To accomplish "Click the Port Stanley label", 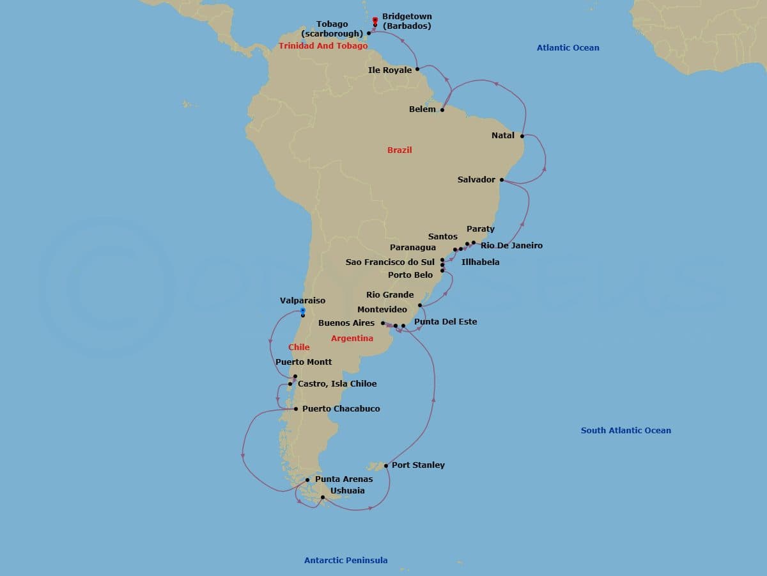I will pyautogui.click(x=418, y=465).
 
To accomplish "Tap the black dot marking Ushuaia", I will pyautogui.click(x=323, y=497).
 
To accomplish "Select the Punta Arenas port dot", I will pyautogui.click(x=307, y=480).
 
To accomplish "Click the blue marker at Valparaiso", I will pyautogui.click(x=303, y=311).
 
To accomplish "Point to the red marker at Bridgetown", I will pyautogui.click(x=375, y=20).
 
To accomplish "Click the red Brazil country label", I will pyautogui.click(x=399, y=150).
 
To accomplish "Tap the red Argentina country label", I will pyautogui.click(x=352, y=339).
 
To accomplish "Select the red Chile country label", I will pyautogui.click(x=298, y=348).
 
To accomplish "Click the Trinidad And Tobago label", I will pyautogui.click(x=323, y=46).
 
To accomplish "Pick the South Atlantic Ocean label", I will pyautogui.click(x=626, y=431).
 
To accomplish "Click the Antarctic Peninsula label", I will pyautogui.click(x=346, y=561).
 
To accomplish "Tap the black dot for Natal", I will pyautogui.click(x=523, y=136).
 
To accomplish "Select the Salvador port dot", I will pyautogui.click(x=502, y=180).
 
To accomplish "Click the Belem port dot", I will pyautogui.click(x=442, y=109).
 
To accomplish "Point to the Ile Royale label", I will pyautogui.click(x=390, y=70).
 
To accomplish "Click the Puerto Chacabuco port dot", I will pyautogui.click(x=296, y=409).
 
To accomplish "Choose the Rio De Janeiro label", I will pyautogui.click(x=511, y=246).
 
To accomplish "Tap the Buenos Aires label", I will pyautogui.click(x=346, y=323).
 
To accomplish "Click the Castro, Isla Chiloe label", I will pyautogui.click(x=337, y=384).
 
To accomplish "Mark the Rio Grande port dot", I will pyautogui.click(x=420, y=305).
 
